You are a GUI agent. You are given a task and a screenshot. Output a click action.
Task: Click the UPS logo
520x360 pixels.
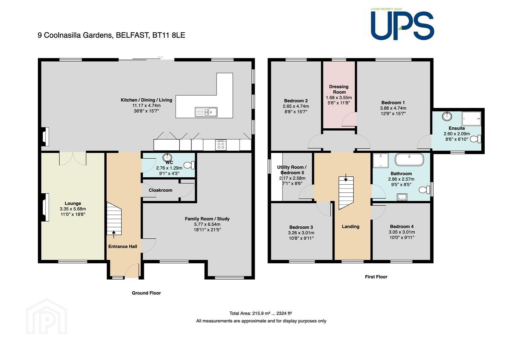click(402, 24)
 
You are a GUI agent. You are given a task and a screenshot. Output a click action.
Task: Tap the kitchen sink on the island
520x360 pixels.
click(206, 112)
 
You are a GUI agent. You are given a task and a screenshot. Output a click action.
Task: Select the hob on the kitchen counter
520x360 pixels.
click(221, 145)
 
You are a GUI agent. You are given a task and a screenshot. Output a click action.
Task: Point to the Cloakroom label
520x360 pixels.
click(161, 190)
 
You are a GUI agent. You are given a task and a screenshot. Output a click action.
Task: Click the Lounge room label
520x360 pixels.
click(73, 203)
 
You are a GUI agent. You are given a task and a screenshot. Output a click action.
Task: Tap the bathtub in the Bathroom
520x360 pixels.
click(409, 160)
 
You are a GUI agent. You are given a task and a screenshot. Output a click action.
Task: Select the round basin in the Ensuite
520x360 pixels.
click(447, 116)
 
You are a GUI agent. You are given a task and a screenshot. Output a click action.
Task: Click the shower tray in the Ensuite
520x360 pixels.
click(471, 119)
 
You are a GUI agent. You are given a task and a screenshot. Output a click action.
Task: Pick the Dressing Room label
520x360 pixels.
click(339, 89)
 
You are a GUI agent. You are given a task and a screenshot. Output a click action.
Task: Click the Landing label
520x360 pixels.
click(350, 226)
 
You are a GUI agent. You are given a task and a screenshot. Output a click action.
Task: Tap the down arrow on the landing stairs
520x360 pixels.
click(346, 177)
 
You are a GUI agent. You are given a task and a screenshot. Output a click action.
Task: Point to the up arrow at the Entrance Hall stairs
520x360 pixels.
click(114, 234)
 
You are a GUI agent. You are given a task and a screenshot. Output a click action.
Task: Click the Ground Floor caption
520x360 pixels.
click(146, 293)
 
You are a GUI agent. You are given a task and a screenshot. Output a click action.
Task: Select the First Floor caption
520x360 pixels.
click(376, 277)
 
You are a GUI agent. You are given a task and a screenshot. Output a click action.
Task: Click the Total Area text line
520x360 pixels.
click(260, 313)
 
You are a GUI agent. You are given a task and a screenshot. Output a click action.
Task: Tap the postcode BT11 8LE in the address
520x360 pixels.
click(169, 35)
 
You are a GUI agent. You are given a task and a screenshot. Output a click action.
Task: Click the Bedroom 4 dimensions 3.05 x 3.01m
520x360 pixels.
click(402, 232)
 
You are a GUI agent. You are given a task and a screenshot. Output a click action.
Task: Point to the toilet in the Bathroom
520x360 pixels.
click(424, 190)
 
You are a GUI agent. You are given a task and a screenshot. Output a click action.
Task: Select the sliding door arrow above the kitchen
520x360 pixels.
click(161, 57)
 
